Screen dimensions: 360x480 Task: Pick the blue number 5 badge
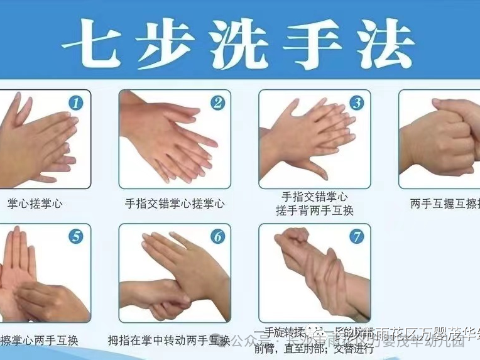76,237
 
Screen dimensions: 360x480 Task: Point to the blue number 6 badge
217,237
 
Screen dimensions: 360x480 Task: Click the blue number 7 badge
357,237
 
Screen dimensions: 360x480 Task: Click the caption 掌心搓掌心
35,204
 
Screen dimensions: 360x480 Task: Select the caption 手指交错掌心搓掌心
175,204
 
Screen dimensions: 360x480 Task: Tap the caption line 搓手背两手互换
314,211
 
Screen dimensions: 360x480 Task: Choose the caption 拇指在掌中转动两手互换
168,341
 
